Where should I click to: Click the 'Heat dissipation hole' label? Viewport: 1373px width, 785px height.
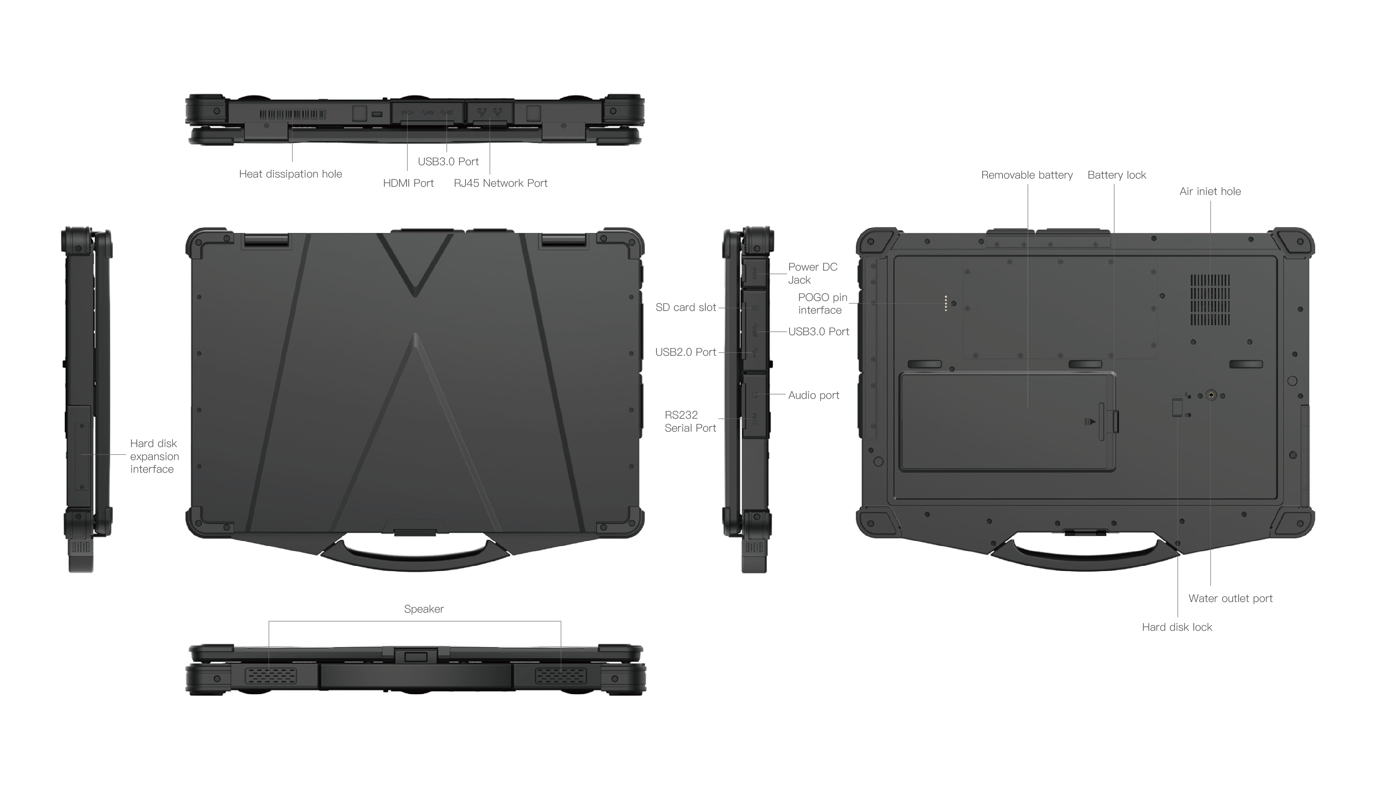(290, 174)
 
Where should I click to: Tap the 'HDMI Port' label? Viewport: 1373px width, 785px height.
(408, 183)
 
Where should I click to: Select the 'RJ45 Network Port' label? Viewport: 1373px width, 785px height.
(500, 183)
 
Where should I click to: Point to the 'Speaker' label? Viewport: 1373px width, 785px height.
(424, 609)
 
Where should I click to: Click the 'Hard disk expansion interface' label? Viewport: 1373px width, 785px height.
(154, 456)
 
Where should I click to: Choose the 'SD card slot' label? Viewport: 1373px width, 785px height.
(686, 307)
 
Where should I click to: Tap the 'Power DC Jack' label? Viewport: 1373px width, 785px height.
(812, 273)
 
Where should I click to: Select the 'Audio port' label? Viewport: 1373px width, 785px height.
(813, 395)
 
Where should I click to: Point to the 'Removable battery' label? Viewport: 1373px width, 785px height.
(1027, 175)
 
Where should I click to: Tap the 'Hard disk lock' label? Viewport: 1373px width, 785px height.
(1177, 627)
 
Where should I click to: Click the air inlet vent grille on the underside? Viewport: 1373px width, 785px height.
(1210, 300)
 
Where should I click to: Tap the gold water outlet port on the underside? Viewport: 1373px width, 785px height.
(1211, 395)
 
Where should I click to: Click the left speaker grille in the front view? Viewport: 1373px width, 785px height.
(271, 676)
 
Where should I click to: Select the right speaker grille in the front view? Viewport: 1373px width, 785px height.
(561, 676)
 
